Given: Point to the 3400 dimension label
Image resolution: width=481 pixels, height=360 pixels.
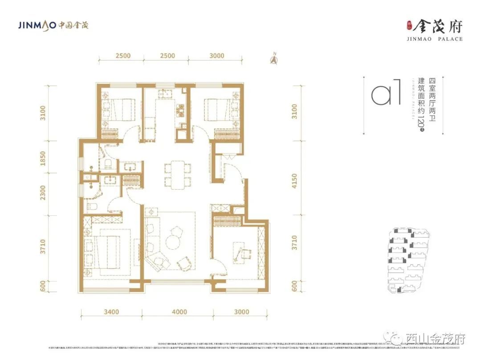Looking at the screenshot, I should pos(111,312).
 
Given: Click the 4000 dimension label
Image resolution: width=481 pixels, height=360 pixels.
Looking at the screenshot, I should pos(179,312).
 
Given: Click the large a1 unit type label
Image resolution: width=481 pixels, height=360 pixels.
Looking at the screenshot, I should pos(386,92).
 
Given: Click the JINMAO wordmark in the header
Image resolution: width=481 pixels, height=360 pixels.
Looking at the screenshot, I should pos(37,25).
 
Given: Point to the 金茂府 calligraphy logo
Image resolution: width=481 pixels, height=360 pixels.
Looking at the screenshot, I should pos(436,26).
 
